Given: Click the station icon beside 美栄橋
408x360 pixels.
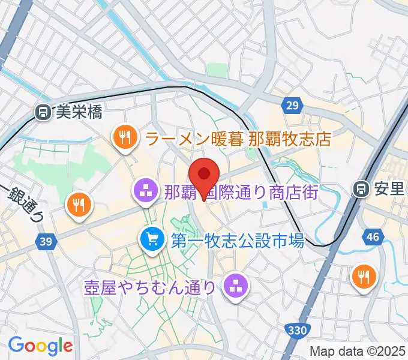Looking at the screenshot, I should point(42,112).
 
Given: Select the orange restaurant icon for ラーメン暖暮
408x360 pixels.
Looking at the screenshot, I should point(125,137).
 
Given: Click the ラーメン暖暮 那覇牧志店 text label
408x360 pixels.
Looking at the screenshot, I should point(238,140).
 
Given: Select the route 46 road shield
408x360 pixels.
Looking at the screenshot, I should point(373,237).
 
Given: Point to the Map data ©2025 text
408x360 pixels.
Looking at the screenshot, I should point(358,351).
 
